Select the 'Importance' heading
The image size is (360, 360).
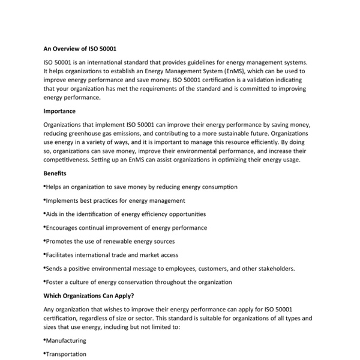[59, 111]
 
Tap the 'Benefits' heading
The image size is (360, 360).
[55, 173]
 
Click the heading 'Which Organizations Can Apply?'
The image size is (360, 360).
[89, 296]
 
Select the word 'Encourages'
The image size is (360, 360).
[64, 228]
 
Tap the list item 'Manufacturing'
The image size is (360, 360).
[66, 341]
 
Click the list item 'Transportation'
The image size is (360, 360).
[66, 355]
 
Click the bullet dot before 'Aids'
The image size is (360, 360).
[44, 214]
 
